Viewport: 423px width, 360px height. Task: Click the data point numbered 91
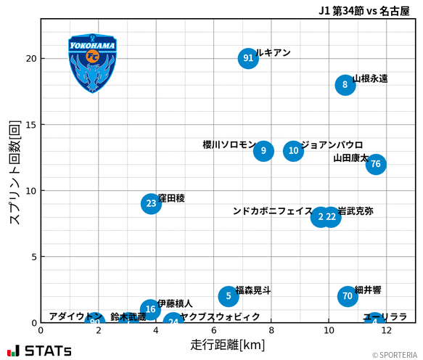(x=248, y=59)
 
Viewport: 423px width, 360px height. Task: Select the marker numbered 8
(x=345, y=85)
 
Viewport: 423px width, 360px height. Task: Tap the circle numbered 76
(x=375, y=164)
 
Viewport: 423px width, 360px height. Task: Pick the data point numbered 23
(x=151, y=203)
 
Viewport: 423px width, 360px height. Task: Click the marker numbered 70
(x=348, y=296)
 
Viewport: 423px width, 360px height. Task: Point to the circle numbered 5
(x=229, y=296)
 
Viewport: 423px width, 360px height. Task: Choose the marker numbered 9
(x=263, y=151)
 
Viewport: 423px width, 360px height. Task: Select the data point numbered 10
(x=293, y=151)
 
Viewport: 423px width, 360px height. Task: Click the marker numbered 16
(x=150, y=309)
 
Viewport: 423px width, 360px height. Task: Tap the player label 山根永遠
(x=370, y=78)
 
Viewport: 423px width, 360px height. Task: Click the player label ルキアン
(x=274, y=53)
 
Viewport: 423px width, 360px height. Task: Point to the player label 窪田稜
(x=171, y=198)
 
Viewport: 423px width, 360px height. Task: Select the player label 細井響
(x=368, y=290)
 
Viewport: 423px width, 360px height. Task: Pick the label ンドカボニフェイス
(x=273, y=211)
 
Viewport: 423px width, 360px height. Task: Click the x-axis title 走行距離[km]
(x=228, y=344)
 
